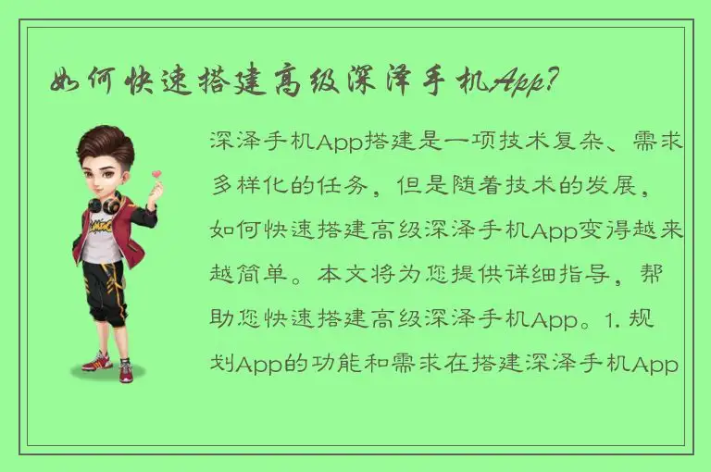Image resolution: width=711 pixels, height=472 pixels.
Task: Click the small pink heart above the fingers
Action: click(x=156, y=173)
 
